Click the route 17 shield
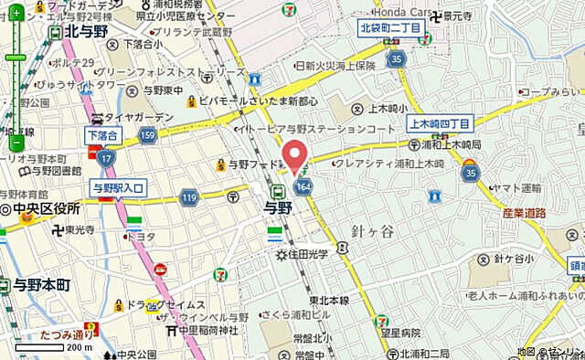coord(107,159)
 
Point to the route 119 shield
coord(189,196)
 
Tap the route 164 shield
coord(302,187)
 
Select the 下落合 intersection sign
coord(101,135)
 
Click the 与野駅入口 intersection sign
coord(119,187)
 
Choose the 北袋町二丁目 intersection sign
coord(389,28)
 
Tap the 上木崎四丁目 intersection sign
coord(439,123)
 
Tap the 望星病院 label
coord(399,334)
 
